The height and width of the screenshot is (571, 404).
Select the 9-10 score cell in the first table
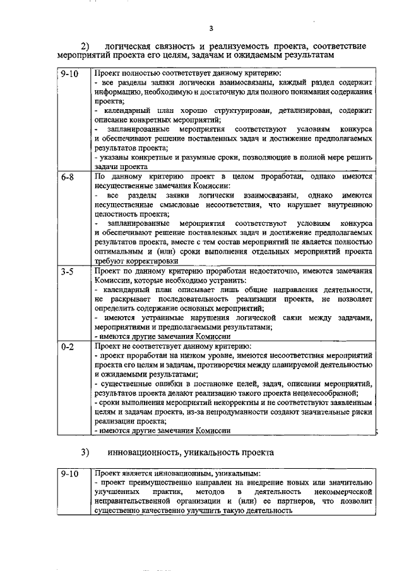pos(69,74)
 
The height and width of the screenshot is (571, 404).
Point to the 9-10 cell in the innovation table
pos(69,473)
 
